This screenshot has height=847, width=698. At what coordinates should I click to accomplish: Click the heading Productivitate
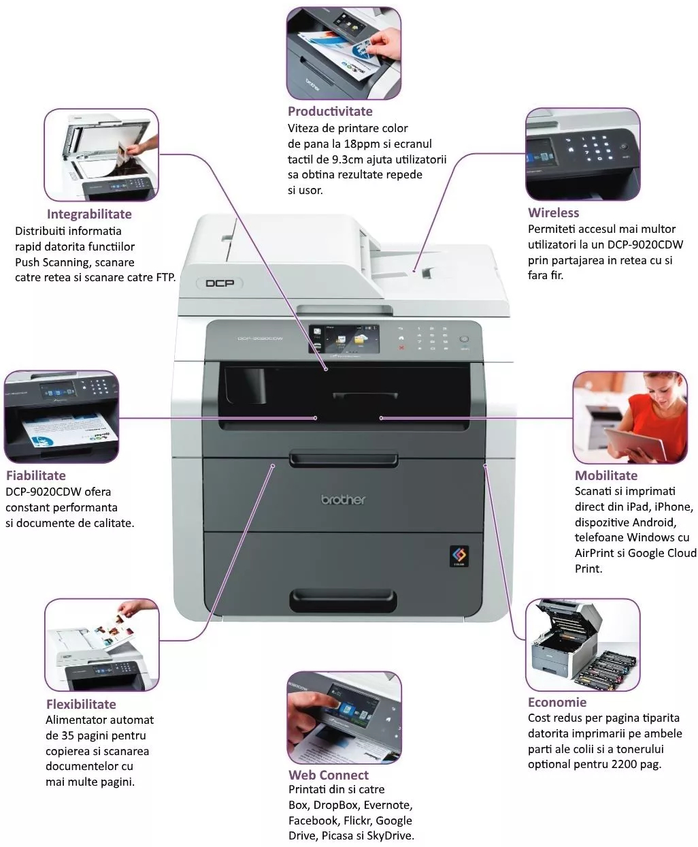point(330,111)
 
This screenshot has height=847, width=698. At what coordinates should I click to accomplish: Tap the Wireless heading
point(553,212)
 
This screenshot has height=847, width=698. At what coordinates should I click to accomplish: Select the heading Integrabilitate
point(89,214)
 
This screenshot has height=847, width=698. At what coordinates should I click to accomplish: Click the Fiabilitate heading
point(36,475)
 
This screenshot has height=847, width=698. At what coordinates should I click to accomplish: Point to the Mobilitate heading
point(606,475)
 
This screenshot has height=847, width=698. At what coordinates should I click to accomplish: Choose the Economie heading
point(556,702)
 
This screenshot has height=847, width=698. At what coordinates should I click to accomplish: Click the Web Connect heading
point(328,775)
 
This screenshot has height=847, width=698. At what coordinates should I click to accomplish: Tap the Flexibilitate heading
point(81,704)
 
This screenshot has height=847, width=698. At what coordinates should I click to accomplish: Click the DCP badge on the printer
point(220,283)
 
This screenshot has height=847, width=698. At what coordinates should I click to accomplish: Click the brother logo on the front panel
point(343,500)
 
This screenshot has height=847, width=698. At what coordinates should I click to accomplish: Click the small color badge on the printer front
point(459,556)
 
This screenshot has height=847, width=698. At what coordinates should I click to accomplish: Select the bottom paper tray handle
point(343,600)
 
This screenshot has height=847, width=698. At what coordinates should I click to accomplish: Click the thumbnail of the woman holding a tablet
point(620,417)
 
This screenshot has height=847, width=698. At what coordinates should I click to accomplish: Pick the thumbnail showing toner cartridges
point(583,644)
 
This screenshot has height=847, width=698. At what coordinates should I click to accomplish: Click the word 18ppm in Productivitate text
point(363,144)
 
